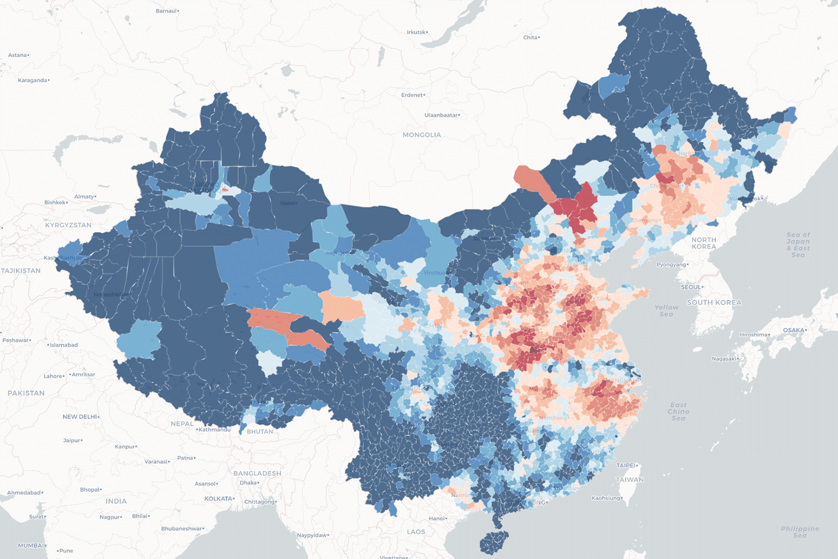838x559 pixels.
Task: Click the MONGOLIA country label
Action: pos(422,135)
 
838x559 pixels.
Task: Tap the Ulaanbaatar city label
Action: pos(442,115)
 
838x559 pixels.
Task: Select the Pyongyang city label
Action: pos(671,265)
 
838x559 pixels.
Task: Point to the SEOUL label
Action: pos(691,287)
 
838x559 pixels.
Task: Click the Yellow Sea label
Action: pos(666,311)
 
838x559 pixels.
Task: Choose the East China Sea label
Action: pos(678,411)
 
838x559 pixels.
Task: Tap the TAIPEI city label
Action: pos(626,465)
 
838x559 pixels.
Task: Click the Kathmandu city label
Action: pos(214,430)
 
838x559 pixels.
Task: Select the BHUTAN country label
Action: pos(260,432)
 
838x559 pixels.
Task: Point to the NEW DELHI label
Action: pos(80,417)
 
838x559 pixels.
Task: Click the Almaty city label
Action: pos(84,197)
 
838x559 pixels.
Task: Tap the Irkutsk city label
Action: pos(416,32)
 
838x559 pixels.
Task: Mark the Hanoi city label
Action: pos(437,519)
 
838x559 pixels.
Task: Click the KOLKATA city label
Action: pos(218,499)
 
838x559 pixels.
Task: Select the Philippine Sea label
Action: pos(800,532)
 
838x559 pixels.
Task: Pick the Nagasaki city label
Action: pos(725,359)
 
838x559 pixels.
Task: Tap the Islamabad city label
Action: pos(64,345)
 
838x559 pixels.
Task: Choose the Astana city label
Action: pos(17,55)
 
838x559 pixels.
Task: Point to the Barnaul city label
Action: pos(167,11)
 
